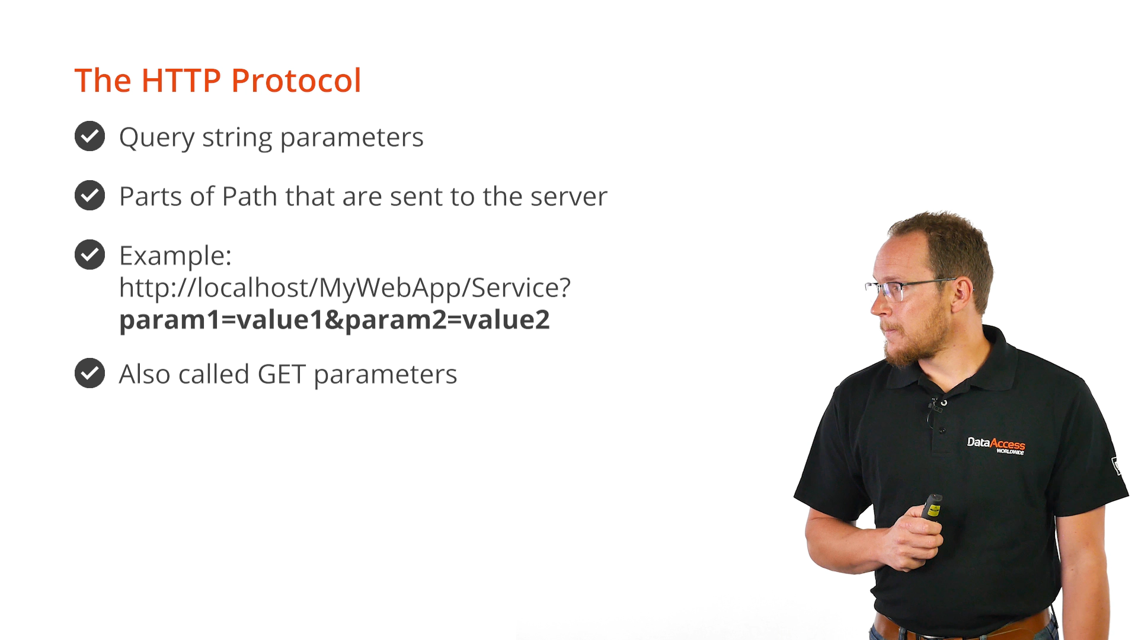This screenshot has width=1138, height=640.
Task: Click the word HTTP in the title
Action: tap(181, 81)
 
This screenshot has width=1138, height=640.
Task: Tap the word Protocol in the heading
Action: tap(296, 81)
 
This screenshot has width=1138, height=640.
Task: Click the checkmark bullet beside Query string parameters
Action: tap(90, 136)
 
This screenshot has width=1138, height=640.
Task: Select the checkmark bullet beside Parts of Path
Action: tap(90, 196)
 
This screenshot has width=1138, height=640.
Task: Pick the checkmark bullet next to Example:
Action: tap(90, 255)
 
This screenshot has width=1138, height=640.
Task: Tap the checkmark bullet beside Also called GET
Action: tap(90, 373)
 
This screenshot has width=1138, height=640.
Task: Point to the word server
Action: tap(568, 197)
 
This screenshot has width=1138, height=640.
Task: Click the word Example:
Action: tap(175, 257)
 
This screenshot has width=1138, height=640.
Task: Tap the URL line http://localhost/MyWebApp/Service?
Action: tap(345, 288)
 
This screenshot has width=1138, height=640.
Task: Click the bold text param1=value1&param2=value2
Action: tap(334, 320)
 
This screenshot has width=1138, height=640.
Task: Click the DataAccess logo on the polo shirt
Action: tap(996, 445)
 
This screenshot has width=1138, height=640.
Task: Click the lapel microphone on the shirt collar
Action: tap(936, 407)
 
